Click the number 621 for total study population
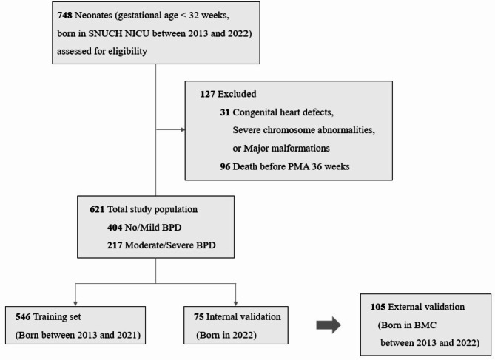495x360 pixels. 100,209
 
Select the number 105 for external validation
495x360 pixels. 377,305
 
